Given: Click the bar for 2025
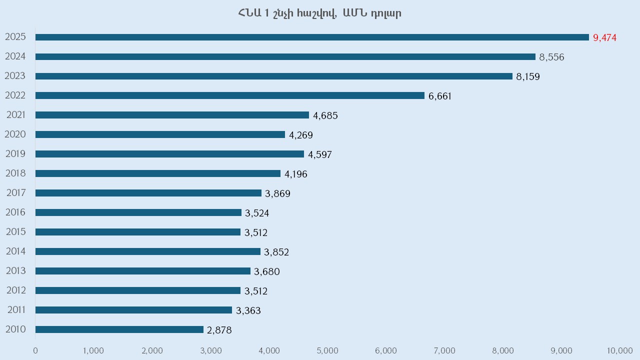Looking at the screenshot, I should coord(312,37).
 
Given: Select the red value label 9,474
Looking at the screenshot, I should coord(604,37).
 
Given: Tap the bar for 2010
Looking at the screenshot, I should coord(119,329).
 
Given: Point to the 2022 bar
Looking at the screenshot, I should coord(230,95).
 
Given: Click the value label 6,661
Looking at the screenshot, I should coord(440,96).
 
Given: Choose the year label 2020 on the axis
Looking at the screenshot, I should coord(15,134).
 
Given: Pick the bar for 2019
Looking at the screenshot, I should coord(169,154).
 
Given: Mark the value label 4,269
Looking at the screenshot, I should coord(301,135).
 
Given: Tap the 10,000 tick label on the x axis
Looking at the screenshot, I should coord(619,350).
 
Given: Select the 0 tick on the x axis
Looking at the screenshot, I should coord(35,350).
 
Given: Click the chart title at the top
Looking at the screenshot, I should coord(320,13).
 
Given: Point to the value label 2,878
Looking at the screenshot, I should coord(219,330).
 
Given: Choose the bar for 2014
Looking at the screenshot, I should coord(148,251).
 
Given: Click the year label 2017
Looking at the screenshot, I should coord(15,192).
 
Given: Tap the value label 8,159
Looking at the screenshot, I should coord(528,76).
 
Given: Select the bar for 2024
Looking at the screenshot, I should coord(285,56).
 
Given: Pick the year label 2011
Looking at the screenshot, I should coord(16,310).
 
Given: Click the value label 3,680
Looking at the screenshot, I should coord(267,271).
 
